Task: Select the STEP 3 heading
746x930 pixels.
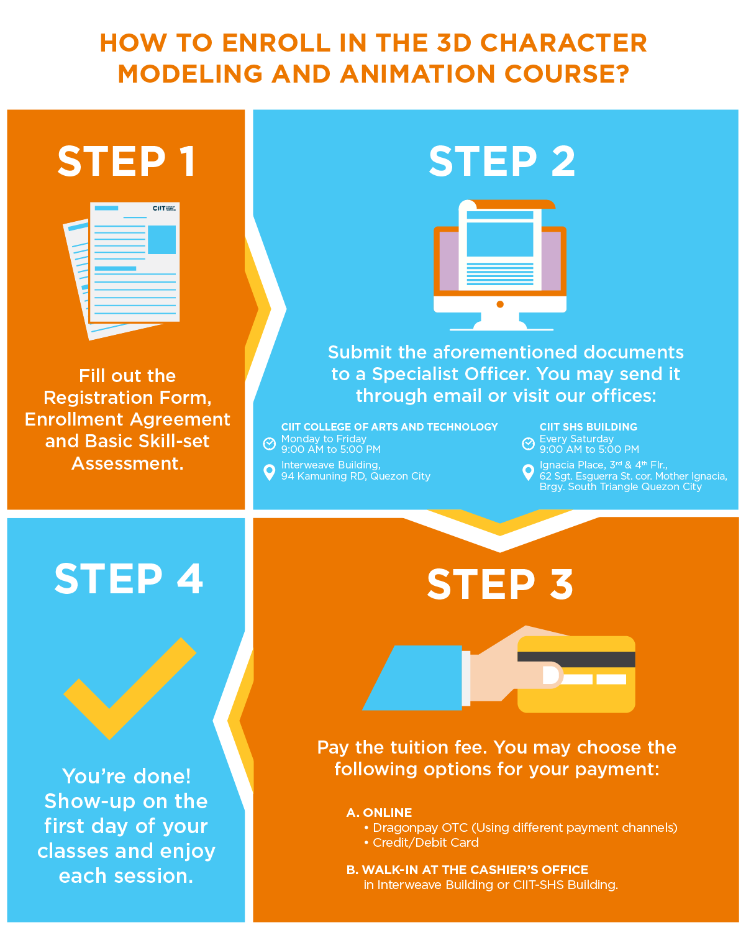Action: pos(500,584)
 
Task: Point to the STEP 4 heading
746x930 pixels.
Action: pos(129,579)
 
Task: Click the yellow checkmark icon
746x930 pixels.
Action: pos(130,688)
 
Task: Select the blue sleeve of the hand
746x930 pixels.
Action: pos(413,678)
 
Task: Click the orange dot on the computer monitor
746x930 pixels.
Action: pos(500,304)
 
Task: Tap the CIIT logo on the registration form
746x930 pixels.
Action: pos(164,208)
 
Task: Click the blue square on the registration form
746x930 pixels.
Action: pos(161,239)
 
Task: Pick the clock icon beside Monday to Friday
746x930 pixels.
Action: pos(270,444)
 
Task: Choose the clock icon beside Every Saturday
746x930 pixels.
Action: pos(528,444)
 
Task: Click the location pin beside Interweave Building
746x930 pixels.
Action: pos(270,472)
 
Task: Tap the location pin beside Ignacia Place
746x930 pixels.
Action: pos(528,472)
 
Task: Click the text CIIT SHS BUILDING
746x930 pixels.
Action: pos(588,427)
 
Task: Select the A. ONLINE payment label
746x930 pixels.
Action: pos(379,813)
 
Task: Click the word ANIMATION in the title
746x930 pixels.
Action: pos(417,74)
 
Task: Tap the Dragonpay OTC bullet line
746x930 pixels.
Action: pos(521,827)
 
